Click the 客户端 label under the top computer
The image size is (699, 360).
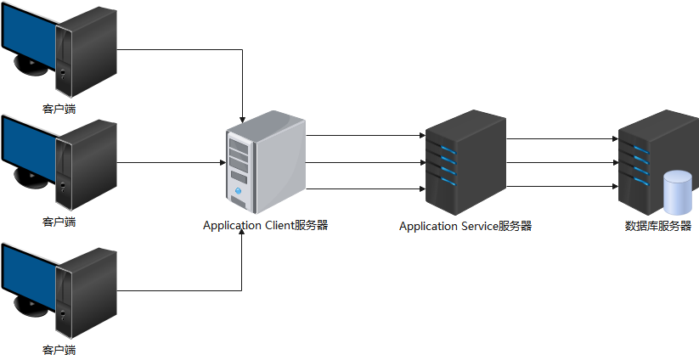tap(59, 109)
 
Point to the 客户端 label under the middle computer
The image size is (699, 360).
tap(59, 222)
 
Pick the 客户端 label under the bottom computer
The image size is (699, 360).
tap(59, 349)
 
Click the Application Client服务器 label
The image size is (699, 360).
tap(265, 225)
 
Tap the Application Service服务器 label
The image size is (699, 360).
tap(465, 226)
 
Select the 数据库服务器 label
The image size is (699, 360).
tap(657, 226)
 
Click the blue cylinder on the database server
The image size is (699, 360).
tap(678, 193)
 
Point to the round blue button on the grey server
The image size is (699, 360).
tap(239, 192)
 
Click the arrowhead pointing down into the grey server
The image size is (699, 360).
tap(243, 117)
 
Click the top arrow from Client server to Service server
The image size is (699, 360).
tap(365, 134)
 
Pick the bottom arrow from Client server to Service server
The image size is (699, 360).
tap(365, 188)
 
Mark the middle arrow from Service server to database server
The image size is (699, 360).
tap(561, 161)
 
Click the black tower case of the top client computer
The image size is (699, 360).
tap(86, 51)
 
